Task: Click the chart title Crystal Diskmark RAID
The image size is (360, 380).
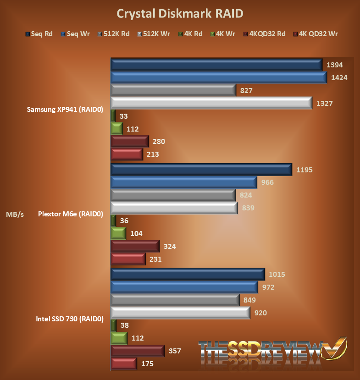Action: point(180,13)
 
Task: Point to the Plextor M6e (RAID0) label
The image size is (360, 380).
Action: point(71,214)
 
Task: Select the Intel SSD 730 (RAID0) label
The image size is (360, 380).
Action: point(70,319)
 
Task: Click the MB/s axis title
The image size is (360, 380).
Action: point(15,214)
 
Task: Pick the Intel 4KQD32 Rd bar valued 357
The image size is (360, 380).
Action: point(137,351)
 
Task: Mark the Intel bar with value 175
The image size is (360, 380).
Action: point(124,364)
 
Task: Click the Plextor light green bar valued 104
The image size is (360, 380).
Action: point(118,234)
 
